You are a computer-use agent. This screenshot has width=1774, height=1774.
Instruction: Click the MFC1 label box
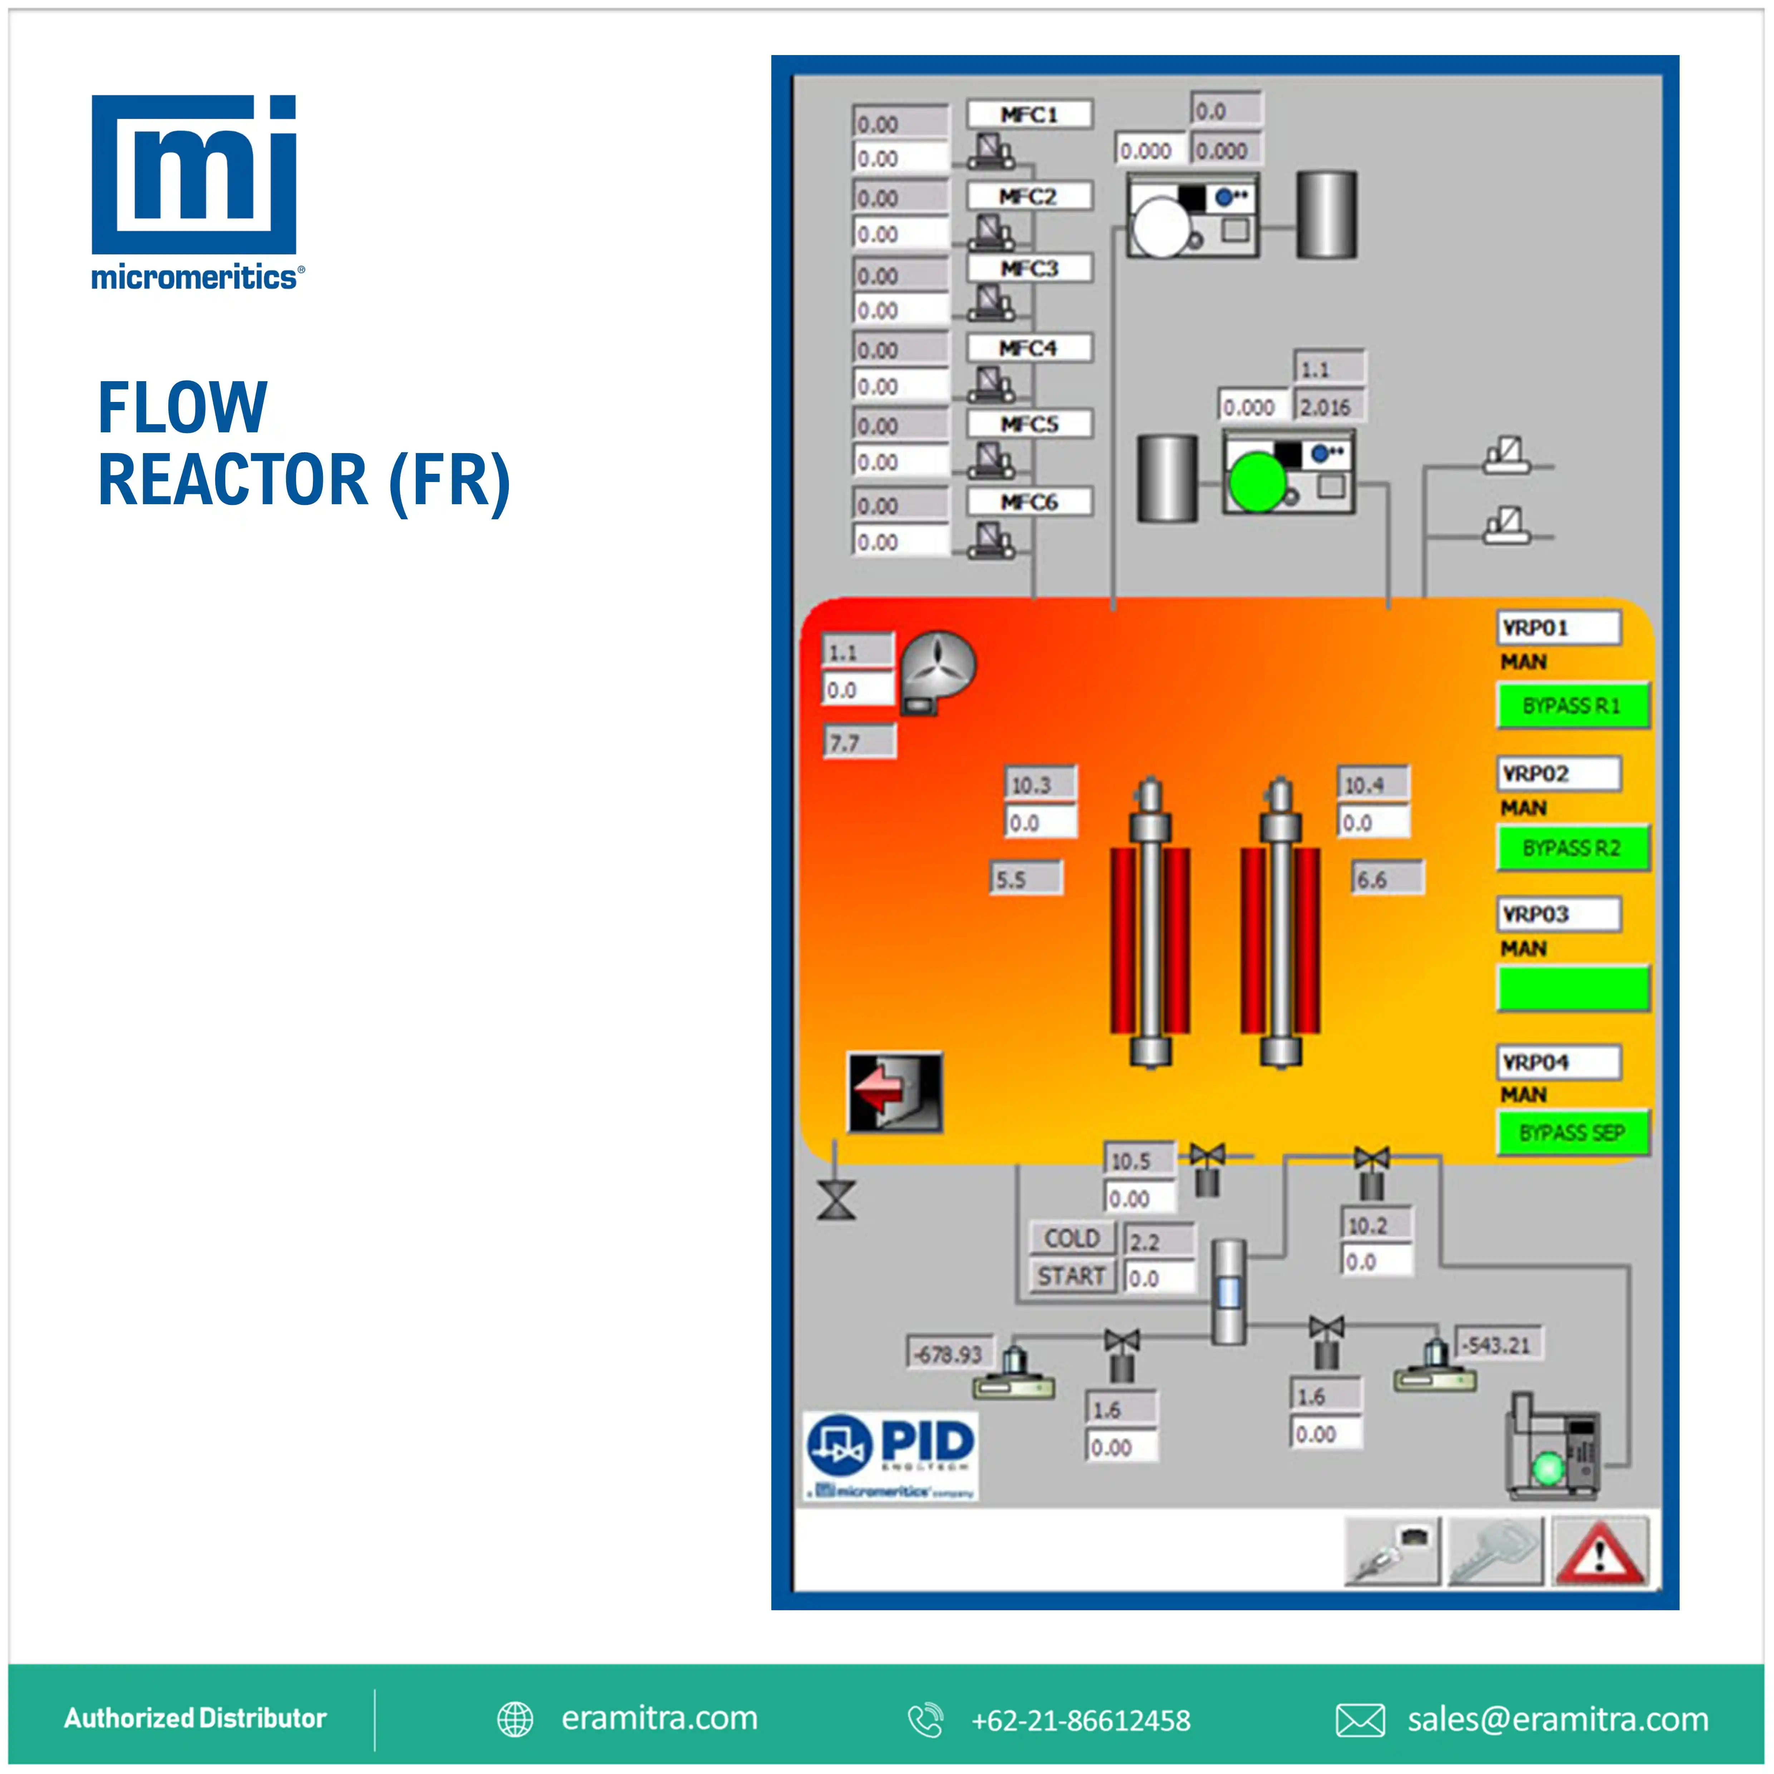[1029, 115]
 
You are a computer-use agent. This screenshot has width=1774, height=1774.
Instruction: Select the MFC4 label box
[1029, 348]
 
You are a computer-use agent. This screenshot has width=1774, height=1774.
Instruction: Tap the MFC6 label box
[1029, 502]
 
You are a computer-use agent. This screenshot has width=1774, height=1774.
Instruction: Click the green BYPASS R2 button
[1572, 847]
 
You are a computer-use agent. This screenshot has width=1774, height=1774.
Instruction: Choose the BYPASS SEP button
[1572, 1132]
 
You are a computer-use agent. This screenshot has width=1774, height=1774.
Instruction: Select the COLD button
[1072, 1239]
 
